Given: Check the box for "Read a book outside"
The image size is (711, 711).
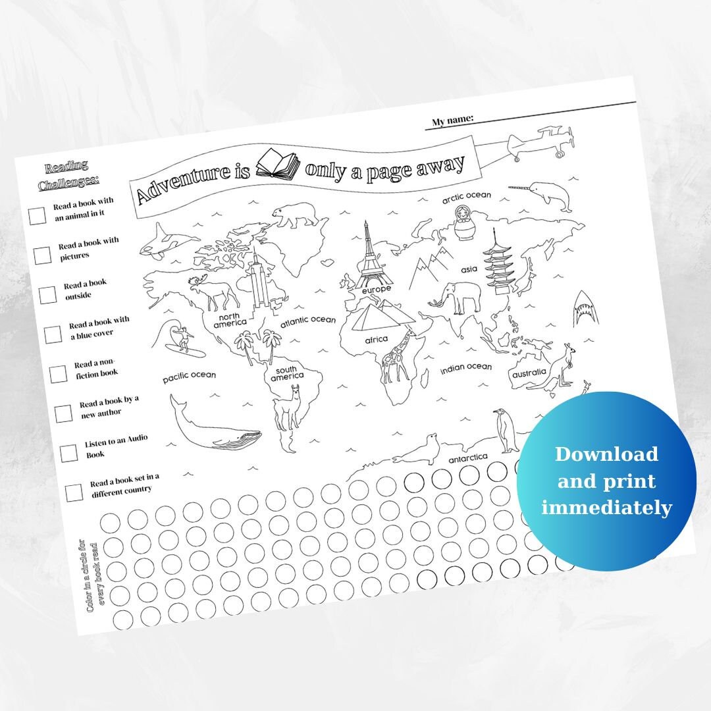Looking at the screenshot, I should coord(47,295).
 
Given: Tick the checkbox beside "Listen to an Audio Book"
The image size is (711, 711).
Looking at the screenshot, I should coord(68,453).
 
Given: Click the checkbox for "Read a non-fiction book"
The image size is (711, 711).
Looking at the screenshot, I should coord(58,374).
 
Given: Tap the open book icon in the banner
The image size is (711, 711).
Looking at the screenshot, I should coord(277,164).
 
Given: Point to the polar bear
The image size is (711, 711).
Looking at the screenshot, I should coord(295,214).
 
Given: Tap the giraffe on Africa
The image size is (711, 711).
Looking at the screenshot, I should coord(397,356).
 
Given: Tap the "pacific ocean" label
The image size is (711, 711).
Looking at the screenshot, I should coord(190,376).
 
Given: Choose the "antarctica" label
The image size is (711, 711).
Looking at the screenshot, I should coord(467,457).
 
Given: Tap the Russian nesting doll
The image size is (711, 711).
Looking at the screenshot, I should coord(464,224).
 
